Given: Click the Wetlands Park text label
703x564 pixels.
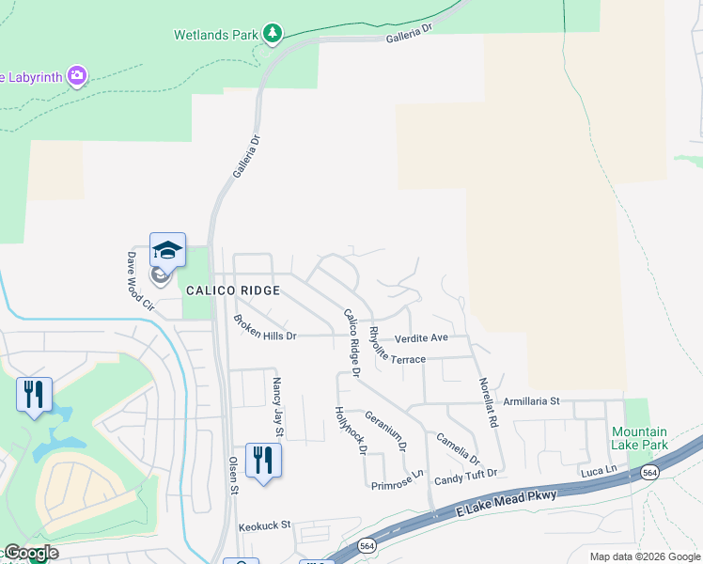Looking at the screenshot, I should tap(215, 35).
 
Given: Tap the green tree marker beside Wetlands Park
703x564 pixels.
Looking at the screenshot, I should tap(273, 35).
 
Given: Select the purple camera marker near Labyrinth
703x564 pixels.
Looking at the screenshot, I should tap(77, 75).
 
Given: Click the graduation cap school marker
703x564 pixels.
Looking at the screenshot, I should tap(167, 251).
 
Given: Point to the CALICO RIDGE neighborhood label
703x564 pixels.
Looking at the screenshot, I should tap(233, 290).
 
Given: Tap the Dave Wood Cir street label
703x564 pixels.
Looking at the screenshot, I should tap(140, 280).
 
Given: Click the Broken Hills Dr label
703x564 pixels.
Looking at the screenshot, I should tap(265, 329).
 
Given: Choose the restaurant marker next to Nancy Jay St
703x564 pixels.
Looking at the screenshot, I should tap(262, 460).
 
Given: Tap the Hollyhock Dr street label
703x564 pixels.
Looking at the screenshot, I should tap(351, 431).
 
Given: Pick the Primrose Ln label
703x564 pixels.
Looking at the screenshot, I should tap(398, 485).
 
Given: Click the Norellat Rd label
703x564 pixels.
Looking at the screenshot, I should tap(487, 403).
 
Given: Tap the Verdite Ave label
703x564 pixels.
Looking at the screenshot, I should tap(421, 337).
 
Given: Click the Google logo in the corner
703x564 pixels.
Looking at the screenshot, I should tap(31, 553).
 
